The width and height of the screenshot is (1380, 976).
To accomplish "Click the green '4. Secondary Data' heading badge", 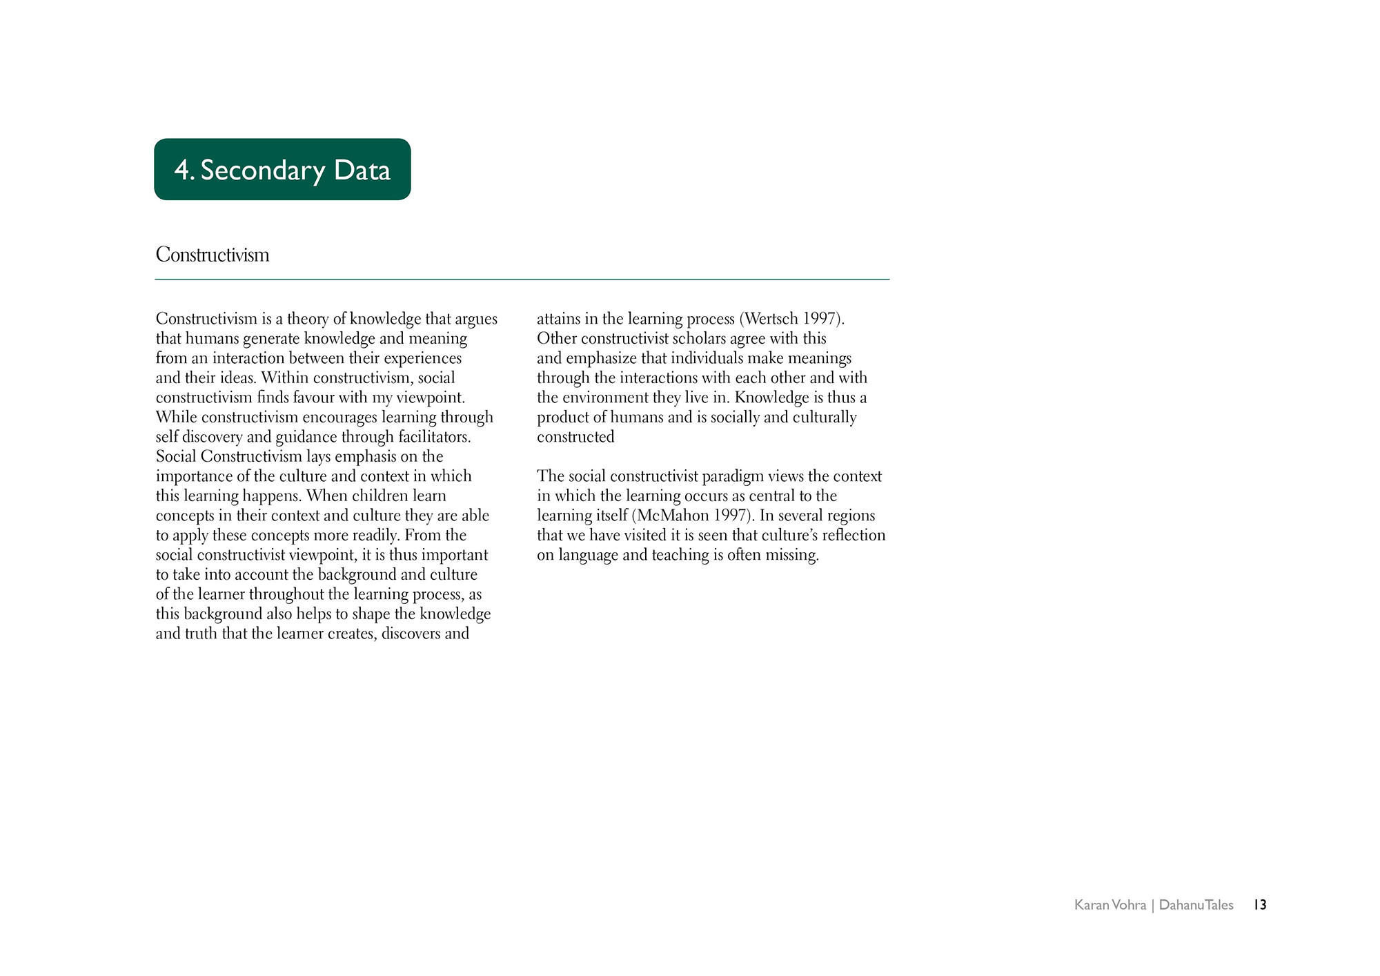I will [282, 170].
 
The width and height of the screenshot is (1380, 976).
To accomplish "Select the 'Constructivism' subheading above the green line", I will [213, 255].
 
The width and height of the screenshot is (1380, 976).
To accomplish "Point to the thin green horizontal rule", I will [522, 280].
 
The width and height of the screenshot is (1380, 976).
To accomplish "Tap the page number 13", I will [1260, 905].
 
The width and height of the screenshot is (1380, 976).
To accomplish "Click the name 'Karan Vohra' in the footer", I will [1110, 905].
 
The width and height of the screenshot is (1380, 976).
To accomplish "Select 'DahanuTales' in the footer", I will [1196, 905].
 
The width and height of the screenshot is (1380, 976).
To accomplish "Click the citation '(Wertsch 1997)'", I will [791, 319].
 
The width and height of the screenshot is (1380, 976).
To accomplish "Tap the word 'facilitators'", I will [434, 437].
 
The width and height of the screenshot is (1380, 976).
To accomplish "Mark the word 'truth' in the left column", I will [200, 634].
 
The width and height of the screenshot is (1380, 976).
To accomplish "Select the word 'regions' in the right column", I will [851, 516].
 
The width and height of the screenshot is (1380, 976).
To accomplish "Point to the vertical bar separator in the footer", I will [1152, 905].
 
